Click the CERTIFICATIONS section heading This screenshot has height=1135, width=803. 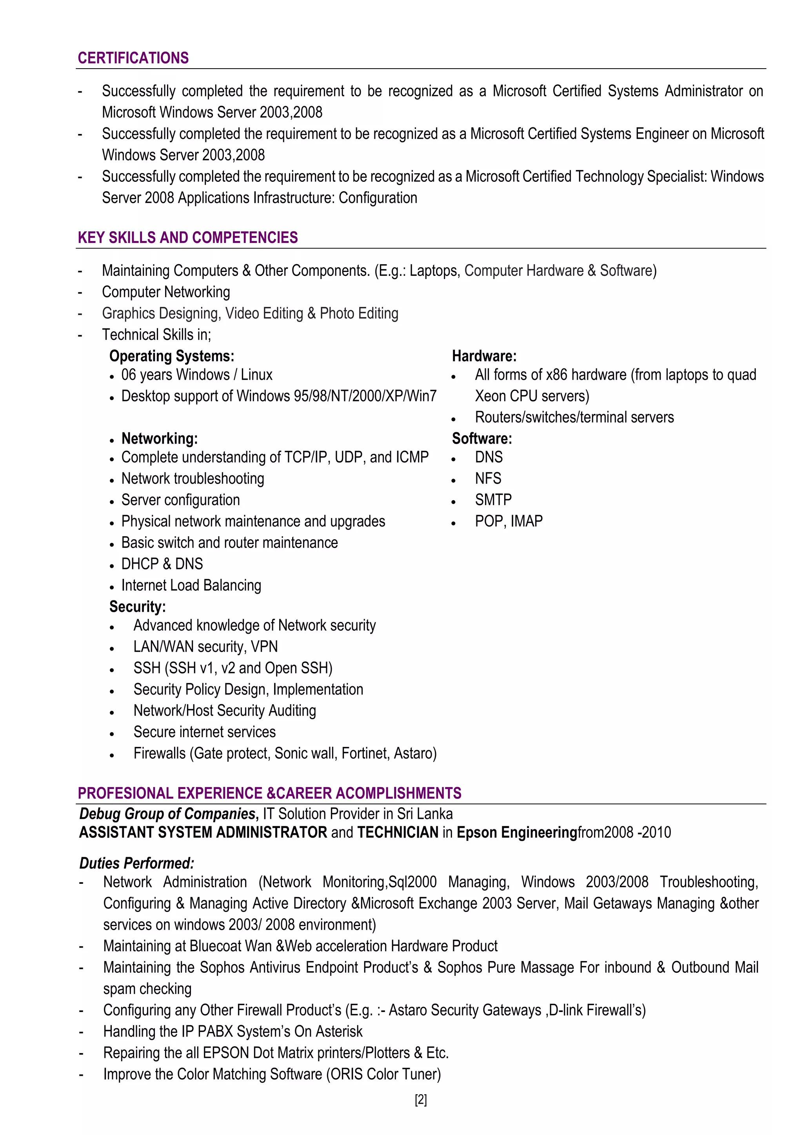pos(133,58)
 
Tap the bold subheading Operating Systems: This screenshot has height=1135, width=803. pos(172,356)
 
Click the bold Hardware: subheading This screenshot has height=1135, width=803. pos(484,356)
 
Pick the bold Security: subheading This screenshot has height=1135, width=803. pos(138,607)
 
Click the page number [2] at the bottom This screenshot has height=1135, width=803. pos(421,1100)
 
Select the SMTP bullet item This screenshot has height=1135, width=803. pos(493,500)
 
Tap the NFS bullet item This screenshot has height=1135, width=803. pos(488,479)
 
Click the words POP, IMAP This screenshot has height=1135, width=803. pos(509,521)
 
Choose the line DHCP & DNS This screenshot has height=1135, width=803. pos(162,564)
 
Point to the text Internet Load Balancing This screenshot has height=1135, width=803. pos(191,585)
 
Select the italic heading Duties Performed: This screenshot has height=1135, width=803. pos(136,863)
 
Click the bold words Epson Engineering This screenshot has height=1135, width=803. pos(517,832)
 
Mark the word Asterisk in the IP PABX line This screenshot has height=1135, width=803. pos(339,1032)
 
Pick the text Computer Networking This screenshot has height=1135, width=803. pos(166,292)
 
